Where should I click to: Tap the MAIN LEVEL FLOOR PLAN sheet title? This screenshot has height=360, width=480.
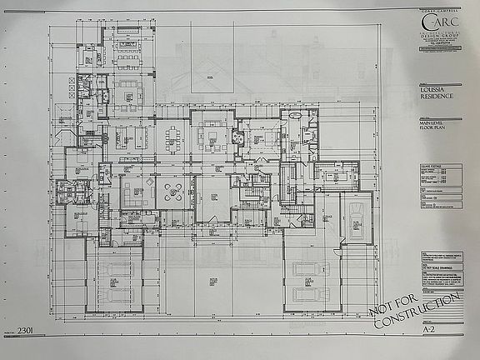pyautogui.click(x=430, y=127)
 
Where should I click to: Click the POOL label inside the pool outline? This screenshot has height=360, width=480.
pyautogui.click(x=209, y=74)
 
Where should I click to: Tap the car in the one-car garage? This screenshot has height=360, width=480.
pyautogui.click(x=353, y=222)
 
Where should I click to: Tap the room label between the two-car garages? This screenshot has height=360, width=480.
pyautogui.click(x=210, y=287)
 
